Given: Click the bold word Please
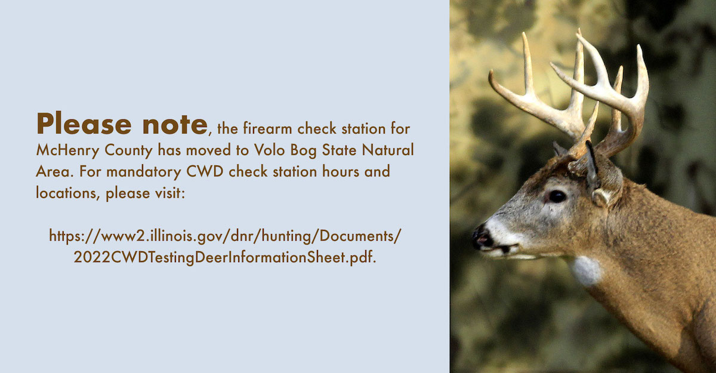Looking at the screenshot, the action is (x=84, y=124).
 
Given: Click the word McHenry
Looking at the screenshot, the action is (x=68, y=150).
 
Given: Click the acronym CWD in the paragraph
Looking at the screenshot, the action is (x=205, y=171).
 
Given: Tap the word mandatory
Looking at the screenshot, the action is (x=144, y=172).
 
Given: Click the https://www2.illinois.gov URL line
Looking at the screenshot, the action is (x=225, y=236).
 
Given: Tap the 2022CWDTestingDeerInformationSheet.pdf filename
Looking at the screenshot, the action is (x=225, y=257).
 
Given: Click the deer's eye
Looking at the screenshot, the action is (x=557, y=196).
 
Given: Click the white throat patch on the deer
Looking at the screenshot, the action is (x=586, y=270).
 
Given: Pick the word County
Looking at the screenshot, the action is (x=128, y=150).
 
